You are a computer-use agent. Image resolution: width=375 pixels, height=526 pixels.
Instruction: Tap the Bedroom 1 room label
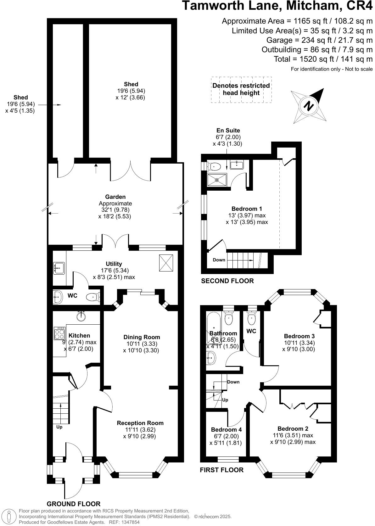pos(247,209)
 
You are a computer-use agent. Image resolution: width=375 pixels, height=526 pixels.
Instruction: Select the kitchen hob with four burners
pos(59,333)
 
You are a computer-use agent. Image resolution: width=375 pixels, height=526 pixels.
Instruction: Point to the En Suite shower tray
pos(217,180)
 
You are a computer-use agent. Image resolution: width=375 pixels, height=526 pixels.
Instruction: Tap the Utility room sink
pos(59,268)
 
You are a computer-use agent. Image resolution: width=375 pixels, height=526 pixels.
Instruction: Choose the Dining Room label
pos(142,337)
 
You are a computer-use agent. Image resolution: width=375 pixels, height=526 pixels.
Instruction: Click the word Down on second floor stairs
pos(219,260)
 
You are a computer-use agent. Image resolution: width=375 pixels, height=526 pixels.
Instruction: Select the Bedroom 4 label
pos(226,429)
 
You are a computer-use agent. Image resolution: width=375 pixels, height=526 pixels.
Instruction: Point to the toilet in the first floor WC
pos(252,319)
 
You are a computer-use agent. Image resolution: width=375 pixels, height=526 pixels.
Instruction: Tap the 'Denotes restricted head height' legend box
pos(241,89)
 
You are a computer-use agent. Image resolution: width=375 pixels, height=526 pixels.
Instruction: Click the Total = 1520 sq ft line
pos(323,59)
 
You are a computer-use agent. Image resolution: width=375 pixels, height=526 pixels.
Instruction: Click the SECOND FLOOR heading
pos(227,281)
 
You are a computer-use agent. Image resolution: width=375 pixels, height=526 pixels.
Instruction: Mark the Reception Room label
pos(140,423)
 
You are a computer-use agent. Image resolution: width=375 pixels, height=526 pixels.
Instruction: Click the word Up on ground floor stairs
pos(59,427)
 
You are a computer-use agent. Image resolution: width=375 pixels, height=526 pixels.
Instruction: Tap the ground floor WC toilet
pos(93,297)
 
